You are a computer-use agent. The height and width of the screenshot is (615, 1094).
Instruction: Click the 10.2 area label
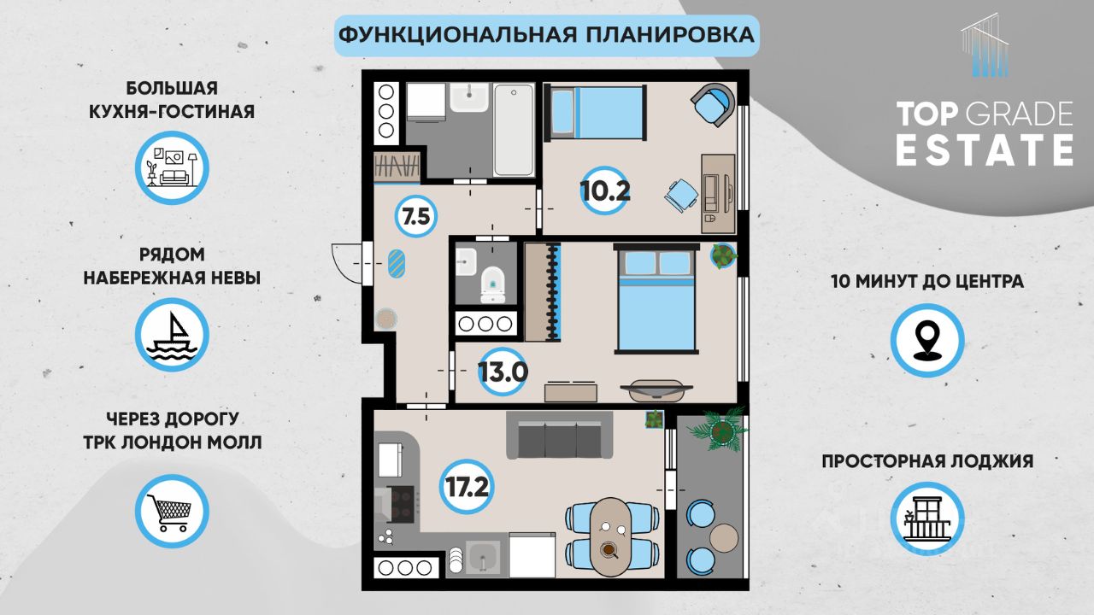[x=604, y=190]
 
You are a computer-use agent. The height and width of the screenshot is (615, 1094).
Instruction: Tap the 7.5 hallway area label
[x=416, y=216]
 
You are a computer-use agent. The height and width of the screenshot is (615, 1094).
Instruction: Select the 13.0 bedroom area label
[x=503, y=372]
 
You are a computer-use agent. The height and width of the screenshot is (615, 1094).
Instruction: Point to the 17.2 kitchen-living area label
[x=467, y=487]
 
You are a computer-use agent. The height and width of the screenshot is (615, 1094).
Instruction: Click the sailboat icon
[x=172, y=335]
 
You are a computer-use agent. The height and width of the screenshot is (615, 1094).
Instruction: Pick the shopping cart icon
[x=172, y=511]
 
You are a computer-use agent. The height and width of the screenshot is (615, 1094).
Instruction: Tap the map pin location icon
[x=927, y=340]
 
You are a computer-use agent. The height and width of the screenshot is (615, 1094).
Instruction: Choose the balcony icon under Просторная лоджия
[x=927, y=518]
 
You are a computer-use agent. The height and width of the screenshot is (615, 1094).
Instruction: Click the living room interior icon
[x=172, y=167]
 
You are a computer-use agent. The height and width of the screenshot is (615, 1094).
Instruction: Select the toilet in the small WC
[x=493, y=285]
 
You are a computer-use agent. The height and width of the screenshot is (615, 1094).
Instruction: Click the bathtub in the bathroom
[x=514, y=130]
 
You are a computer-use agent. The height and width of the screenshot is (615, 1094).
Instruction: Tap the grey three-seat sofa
[x=559, y=436]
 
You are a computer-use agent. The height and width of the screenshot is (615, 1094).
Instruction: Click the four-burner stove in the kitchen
[x=403, y=504]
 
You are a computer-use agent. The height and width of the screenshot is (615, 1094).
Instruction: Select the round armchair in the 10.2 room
[x=714, y=104]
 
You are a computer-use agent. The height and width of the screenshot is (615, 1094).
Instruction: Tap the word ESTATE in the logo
[x=984, y=151]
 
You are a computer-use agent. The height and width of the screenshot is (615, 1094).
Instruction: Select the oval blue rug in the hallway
[x=396, y=264]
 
